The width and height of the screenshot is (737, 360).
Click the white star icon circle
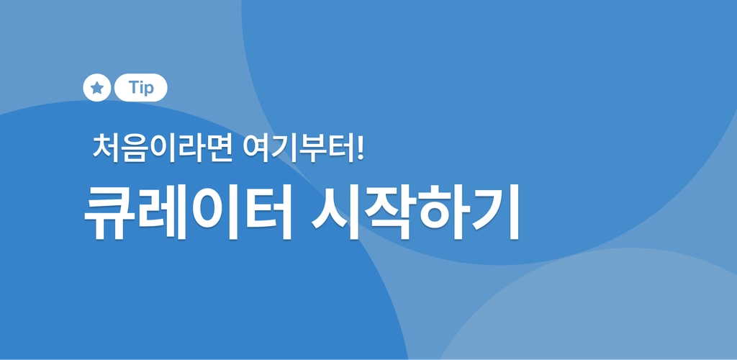pyautogui.click(x=97, y=87)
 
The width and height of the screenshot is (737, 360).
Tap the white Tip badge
pyautogui.click(x=140, y=87)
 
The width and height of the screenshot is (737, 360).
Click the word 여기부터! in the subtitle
pyautogui.click(x=304, y=148)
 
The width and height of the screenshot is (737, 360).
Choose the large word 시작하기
pyautogui.click(x=415, y=212)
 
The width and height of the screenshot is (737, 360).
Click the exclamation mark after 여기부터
pyautogui.click(x=360, y=147)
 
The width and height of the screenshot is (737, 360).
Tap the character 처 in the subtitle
pyautogui.click(x=106, y=147)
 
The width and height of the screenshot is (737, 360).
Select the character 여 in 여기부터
pyautogui.click(x=256, y=148)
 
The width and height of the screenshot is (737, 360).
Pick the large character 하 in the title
pyautogui.click(x=443, y=212)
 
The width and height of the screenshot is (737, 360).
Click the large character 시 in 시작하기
pyautogui.click(x=336, y=212)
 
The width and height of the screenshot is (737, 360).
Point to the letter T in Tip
pyautogui.click(x=134, y=87)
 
